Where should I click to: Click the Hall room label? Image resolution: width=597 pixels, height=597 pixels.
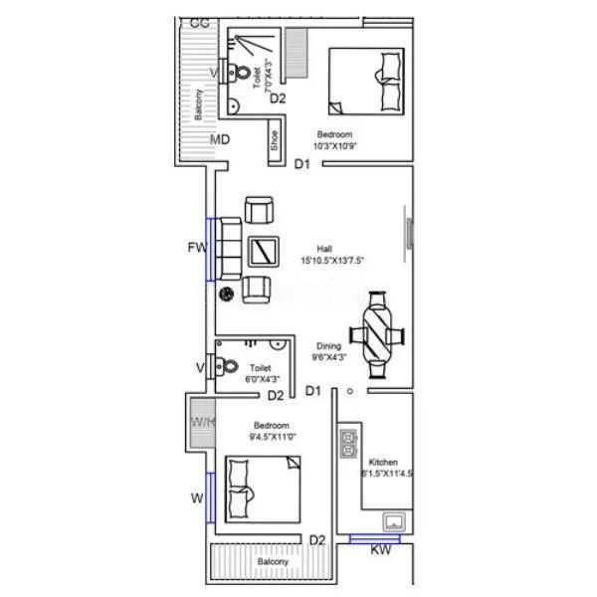(x=324, y=249)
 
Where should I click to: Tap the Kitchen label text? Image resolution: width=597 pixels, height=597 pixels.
(x=383, y=463)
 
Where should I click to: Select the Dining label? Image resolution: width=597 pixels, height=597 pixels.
(x=329, y=346)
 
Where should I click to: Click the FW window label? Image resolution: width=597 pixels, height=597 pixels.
(x=196, y=247)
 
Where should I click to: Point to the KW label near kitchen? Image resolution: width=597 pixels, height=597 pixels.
(x=380, y=550)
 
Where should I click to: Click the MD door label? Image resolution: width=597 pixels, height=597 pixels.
(x=220, y=139)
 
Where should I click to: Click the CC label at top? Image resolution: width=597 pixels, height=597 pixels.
(x=199, y=22)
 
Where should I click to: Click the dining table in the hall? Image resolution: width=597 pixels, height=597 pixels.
(x=378, y=334)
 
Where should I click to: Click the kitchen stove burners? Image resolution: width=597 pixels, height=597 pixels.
(x=348, y=442)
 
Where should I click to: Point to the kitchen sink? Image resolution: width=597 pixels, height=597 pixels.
(x=395, y=521)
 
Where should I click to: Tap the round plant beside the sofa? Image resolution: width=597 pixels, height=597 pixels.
(x=226, y=293)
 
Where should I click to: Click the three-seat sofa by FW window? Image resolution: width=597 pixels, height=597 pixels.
(x=228, y=249)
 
